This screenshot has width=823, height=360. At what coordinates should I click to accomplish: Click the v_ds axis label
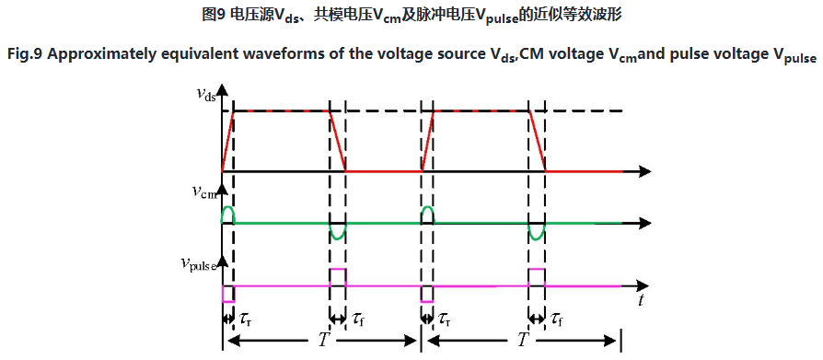pos(205,96)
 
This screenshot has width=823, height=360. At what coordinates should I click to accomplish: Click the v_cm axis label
pos(204,193)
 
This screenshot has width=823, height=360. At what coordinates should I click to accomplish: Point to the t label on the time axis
pos(641,300)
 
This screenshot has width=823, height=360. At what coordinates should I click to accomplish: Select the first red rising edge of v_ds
pos(227,141)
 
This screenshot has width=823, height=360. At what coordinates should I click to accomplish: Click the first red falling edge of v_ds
pos(337,141)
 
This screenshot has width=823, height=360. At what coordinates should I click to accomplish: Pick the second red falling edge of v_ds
pos(538,141)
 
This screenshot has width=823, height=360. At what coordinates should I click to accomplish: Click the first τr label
pos(245,319)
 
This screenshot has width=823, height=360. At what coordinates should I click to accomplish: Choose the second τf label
pos(558,319)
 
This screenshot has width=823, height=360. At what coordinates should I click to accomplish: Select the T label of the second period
pos(523,341)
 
